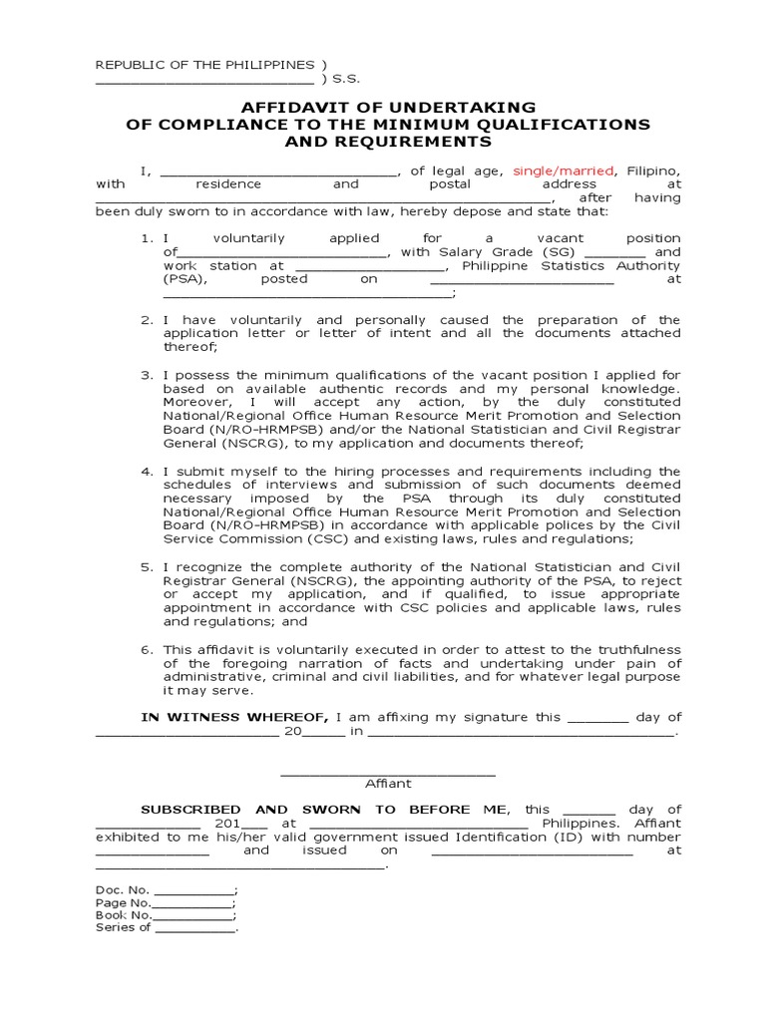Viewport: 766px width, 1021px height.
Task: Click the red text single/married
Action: (563, 170)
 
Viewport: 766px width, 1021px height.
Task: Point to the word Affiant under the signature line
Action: (388, 784)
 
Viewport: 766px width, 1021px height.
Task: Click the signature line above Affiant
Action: (388, 772)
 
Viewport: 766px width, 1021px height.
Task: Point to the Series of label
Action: (123, 927)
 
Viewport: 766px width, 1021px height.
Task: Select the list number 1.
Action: (146, 238)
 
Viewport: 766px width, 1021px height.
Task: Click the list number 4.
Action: (146, 472)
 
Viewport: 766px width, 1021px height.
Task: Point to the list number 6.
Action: (146, 649)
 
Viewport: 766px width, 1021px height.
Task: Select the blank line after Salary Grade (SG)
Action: (608, 253)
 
